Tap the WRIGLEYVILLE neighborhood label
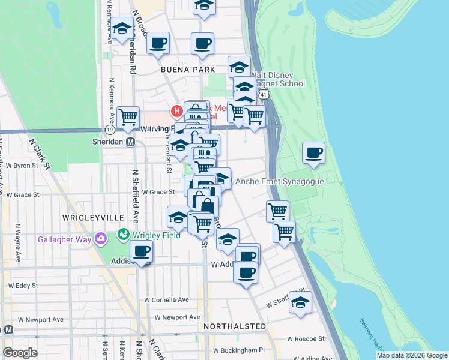coord(93,217)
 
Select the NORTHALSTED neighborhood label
coord(234,326)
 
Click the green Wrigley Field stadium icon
coord(124,234)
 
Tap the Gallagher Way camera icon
coord(100,239)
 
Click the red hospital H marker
coord(176,111)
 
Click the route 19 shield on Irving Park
coord(109,129)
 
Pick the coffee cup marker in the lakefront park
coord(313,152)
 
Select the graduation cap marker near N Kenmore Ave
coord(122,29)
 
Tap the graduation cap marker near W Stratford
coord(300,302)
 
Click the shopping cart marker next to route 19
coord(128,117)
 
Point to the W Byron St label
coord(22,165)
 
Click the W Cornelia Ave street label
coord(166,299)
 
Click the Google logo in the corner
coord(20,353)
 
